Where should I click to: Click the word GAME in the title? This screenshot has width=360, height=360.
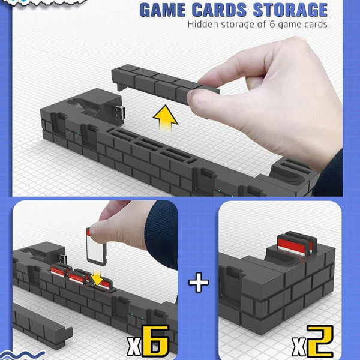click(x=163, y=10)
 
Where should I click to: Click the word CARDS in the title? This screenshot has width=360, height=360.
click(x=219, y=10)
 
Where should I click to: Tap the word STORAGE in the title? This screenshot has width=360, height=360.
click(x=290, y=10)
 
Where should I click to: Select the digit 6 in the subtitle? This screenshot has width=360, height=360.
click(x=272, y=25)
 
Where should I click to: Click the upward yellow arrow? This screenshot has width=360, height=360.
click(x=166, y=118)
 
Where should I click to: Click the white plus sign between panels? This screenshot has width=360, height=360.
click(x=199, y=282)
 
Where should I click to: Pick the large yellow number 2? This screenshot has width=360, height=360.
click(x=320, y=341)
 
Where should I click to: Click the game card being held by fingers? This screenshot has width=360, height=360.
click(x=97, y=247)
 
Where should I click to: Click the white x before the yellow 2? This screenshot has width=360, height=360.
click(x=299, y=347)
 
